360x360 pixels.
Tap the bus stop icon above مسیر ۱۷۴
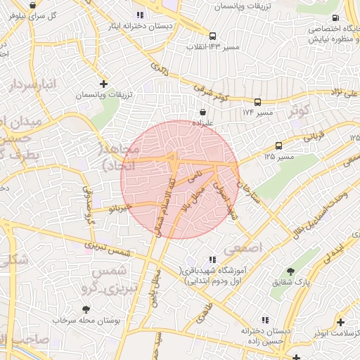[258, 102]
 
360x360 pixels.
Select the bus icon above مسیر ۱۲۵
[279, 146]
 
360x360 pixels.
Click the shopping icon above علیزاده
[203, 112]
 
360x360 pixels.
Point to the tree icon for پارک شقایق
[291, 272]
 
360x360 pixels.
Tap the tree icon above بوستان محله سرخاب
[86, 309]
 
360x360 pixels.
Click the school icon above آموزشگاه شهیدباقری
[213, 260]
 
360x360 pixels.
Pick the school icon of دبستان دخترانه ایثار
[140, 15]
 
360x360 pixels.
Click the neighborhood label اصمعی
[243, 248]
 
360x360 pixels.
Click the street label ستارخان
[248, 191]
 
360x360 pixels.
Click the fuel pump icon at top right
[335, 18]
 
